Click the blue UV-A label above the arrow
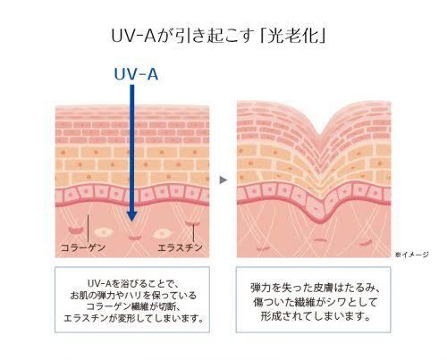point(136,74)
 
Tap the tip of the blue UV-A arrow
point(131,222)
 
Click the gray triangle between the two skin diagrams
point(223,180)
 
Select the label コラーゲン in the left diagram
point(83,247)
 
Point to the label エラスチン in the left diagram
point(180,247)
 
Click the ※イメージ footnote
point(412,255)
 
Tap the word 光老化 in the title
point(292,37)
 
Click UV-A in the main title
point(133,37)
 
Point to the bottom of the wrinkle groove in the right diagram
point(320,135)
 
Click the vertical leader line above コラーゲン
point(88,229)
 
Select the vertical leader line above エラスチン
point(193,233)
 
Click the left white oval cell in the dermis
point(103,231)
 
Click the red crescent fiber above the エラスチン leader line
point(192,222)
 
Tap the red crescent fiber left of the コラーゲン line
point(76,230)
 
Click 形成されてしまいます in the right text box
point(316,315)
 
